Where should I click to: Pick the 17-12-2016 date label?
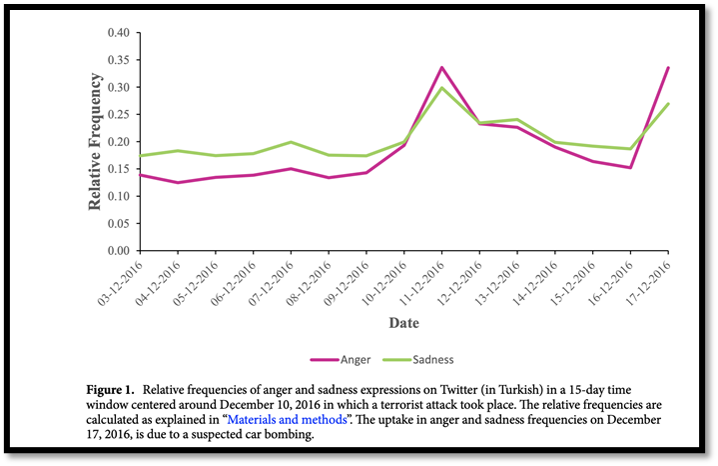(651, 283)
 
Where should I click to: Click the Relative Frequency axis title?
(95, 141)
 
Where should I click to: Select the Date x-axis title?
(403, 323)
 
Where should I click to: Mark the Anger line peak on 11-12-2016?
(441, 67)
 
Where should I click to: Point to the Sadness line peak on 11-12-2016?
(441, 88)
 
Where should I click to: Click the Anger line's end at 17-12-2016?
(668, 67)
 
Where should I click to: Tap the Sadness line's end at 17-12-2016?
(668, 103)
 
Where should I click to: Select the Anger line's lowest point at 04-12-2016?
(178, 182)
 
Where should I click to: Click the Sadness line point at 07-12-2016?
(291, 142)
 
